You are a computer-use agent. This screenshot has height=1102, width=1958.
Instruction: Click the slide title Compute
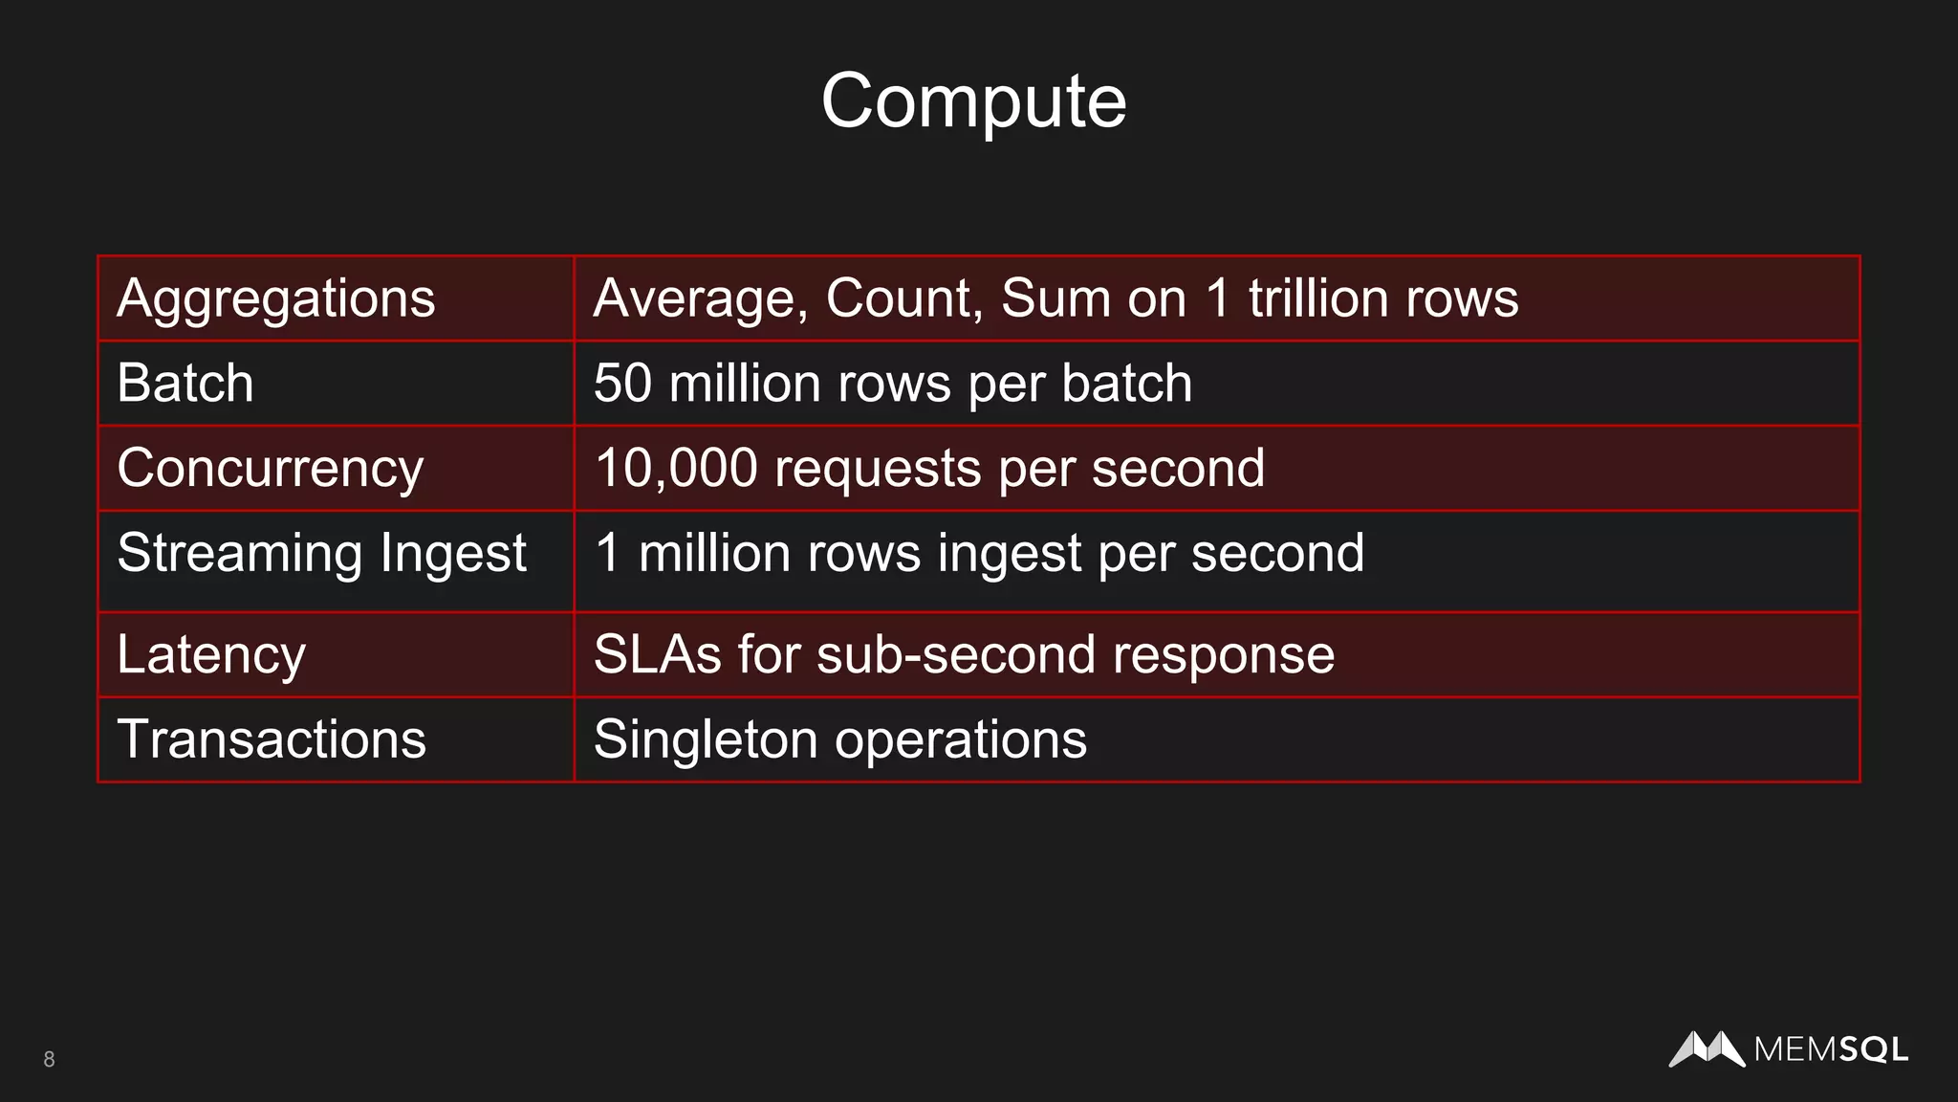(973, 100)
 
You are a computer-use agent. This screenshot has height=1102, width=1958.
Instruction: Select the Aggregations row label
(275, 298)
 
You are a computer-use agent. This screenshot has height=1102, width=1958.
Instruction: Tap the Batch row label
(185, 384)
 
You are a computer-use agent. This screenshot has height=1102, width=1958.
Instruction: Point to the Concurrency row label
(270, 469)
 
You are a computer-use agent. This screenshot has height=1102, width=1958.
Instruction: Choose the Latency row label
(210, 655)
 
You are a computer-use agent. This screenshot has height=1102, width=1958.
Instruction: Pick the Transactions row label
(272, 739)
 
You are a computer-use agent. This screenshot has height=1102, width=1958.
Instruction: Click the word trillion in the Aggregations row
(1311, 298)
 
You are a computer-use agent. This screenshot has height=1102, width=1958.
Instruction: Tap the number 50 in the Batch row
(622, 384)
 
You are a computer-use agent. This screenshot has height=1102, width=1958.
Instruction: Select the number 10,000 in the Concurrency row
(675, 469)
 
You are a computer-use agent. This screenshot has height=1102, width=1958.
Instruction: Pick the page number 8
(49, 1059)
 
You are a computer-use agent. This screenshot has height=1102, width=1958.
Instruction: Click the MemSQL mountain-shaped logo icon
(1707, 1048)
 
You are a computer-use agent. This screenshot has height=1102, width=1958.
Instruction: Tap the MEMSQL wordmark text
(1831, 1050)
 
